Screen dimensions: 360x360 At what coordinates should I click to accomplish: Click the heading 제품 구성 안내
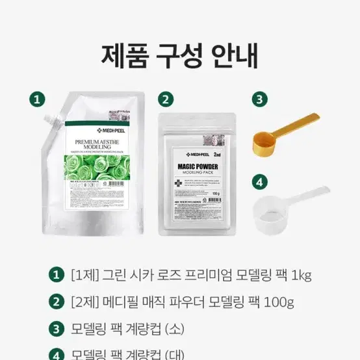pyautogui.click(x=179, y=57)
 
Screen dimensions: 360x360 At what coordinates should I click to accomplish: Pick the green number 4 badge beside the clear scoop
pyautogui.click(x=259, y=182)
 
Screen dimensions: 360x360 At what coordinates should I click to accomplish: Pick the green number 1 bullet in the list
pyautogui.click(x=58, y=274)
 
